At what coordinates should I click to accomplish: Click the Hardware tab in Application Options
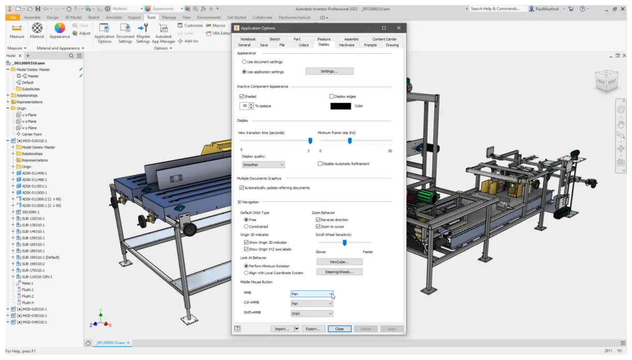pyautogui.click(x=347, y=45)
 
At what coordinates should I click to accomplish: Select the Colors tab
pyautogui.click(x=304, y=45)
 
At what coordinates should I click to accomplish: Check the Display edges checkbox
pyautogui.click(x=332, y=96)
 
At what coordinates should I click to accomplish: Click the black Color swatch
pyautogui.click(x=340, y=106)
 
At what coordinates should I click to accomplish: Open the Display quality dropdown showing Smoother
pyautogui.click(x=263, y=165)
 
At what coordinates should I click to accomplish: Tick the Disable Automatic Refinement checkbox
pyautogui.click(x=320, y=164)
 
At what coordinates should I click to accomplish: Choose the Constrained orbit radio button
pyautogui.click(x=246, y=226)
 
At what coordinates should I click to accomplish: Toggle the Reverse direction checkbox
pyautogui.click(x=318, y=220)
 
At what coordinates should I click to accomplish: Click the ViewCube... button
pyautogui.click(x=339, y=262)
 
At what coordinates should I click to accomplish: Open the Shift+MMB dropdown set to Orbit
pyautogui.click(x=312, y=313)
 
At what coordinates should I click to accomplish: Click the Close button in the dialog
pyautogui.click(x=339, y=329)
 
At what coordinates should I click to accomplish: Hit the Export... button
pyautogui.click(x=313, y=329)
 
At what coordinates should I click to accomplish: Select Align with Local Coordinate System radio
pyautogui.click(x=246, y=272)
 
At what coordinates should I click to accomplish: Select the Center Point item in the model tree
pyautogui.click(x=31, y=134)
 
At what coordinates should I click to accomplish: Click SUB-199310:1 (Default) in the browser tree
pyautogui.click(x=41, y=257)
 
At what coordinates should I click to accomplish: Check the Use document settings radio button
pyautogui.click(x=245, y=62)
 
